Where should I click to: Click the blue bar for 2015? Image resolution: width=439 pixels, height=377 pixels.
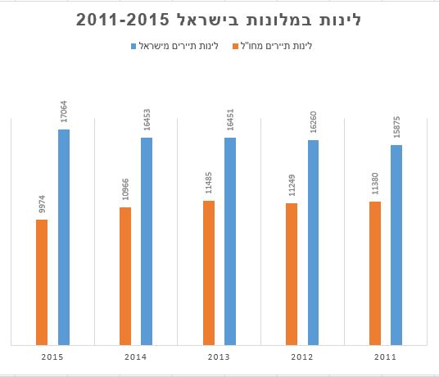(x=63, y=237)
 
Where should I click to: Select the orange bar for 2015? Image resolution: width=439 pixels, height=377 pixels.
(x=42, y=282)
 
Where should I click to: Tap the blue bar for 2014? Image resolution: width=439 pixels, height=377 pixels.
(x=147, y=241)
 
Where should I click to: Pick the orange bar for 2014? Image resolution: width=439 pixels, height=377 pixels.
(x=125, y=275)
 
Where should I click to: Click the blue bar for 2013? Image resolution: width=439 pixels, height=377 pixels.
(x=230, y=241)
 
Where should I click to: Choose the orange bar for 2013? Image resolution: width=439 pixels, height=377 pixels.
(x=209, y=272)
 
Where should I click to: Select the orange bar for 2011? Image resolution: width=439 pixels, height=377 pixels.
(x=375, y=273)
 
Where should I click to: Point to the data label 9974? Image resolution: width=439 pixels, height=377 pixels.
(x=42, y=204)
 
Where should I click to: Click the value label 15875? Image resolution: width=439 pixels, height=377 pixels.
(x=396, y=127)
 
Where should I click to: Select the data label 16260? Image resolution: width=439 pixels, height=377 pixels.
(x=314, y=122)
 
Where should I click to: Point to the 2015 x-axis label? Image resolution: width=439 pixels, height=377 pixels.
(x=52, y=357)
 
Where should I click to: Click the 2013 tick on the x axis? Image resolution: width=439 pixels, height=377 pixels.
(x=219, y=357)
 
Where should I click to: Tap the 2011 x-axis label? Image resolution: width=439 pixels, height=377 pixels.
(x=386, y=357)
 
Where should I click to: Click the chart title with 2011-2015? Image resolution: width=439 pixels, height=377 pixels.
(x=219, y=20)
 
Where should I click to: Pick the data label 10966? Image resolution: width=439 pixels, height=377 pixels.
(x=125, y=190)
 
